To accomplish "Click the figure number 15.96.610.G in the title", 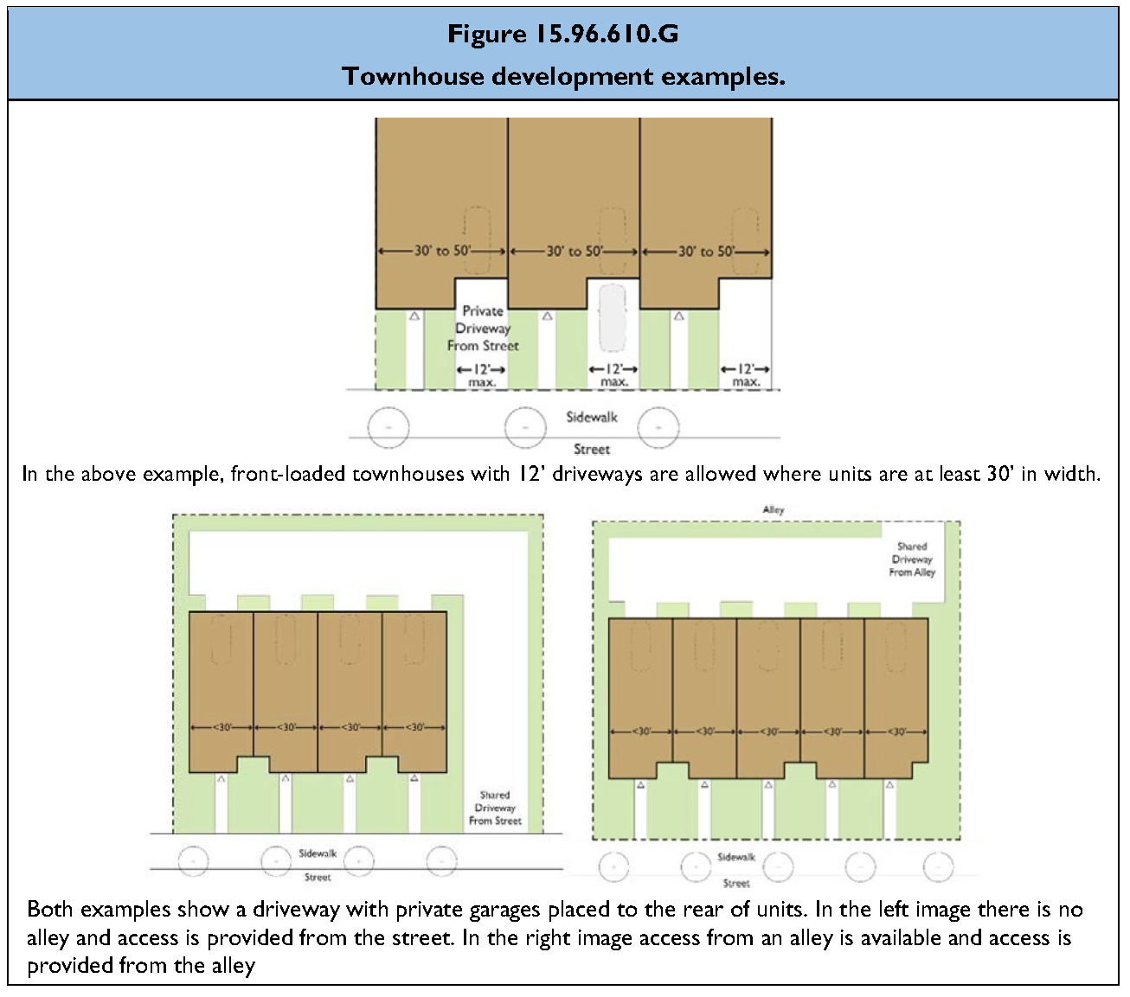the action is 606,34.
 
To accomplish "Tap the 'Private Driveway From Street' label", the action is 482,329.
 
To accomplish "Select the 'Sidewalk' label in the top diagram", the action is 592,417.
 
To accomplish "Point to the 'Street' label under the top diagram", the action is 592,450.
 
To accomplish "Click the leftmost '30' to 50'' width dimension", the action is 442,251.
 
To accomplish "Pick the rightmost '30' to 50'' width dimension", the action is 706,251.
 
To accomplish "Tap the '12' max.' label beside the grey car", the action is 613,375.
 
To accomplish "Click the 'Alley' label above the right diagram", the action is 774,509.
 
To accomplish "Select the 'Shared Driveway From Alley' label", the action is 912,559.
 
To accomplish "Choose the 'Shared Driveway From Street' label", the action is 495,808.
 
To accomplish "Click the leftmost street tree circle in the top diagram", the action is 388,427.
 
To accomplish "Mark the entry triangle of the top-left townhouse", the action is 414,317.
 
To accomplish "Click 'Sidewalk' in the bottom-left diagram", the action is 318,853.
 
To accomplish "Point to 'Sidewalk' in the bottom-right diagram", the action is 736,857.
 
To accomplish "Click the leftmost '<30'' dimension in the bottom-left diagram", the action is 222,727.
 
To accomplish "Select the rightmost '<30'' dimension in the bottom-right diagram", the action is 896,732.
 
